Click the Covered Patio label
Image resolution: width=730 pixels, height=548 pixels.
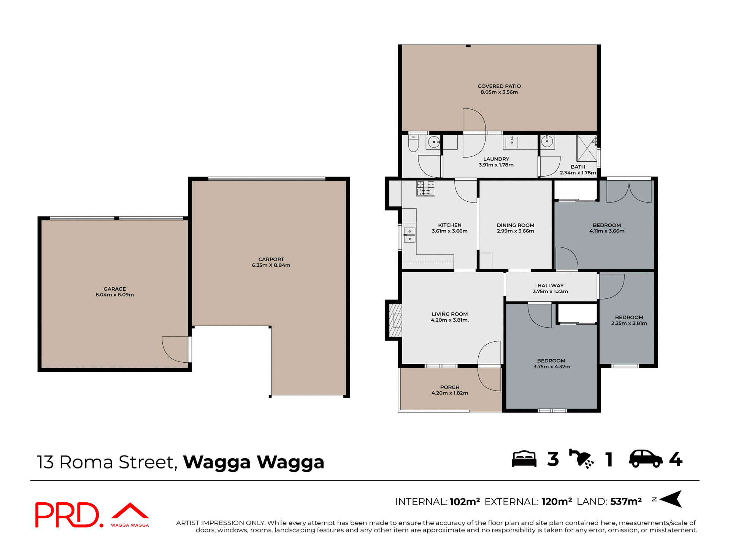pyautogui.click(x=499, y=86)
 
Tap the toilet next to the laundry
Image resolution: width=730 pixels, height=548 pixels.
pyautogui.click(x=413, y=144)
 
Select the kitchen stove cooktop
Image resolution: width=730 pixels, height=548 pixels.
pyautogui.click(x=425, y=188)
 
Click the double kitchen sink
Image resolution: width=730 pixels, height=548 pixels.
pyautogui.click(x=409, y=235)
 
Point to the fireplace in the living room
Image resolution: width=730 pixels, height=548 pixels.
pyautogui.click(x=395, y=320)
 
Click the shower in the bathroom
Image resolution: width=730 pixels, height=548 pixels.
pyautogui.click(x=587, y=148)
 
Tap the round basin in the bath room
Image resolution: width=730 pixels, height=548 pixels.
pyautogui.click(x=547, y=142)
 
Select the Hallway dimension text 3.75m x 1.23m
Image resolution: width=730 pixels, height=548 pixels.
pyautogui.click(x=550, y=292)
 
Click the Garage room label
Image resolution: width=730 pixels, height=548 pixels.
pyautogui.click(x=114, y=289)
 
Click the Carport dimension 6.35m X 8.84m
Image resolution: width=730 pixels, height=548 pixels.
pyautogui.click(x=271, y=265)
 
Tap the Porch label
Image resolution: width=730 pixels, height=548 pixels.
pyautogui.click(x=450, y=387)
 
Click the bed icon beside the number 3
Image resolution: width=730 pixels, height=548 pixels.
pyautogui.click(x=524, y=459)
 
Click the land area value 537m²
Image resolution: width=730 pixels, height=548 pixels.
pyautogui.click(x=626, y=502)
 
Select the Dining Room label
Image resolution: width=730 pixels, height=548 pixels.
pyautogui.click(x=515, y=225)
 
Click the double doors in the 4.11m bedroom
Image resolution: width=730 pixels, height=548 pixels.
pyautogui.click(x=629, y=191)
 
